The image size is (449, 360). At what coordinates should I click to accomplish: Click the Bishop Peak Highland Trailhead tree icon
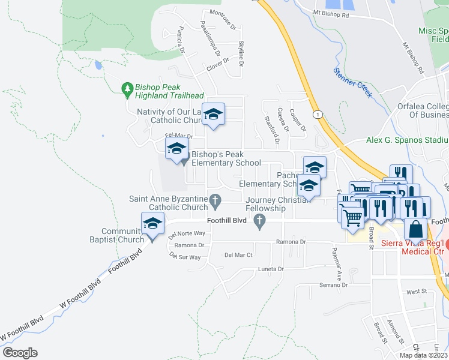[127, 89]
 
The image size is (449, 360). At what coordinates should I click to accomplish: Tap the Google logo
[20, 353]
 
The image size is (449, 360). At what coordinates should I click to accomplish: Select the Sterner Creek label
[353, 82]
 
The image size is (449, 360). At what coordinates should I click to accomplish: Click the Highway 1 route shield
[316, 114]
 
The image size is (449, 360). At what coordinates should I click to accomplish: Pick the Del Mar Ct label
[238, 255]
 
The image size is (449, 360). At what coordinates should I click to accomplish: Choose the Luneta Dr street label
[271, 269]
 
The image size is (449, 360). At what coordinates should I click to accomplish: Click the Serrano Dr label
[334, 284]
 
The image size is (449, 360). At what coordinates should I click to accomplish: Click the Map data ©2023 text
[423, 355]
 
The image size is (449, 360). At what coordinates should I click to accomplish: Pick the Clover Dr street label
[218, 64]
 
